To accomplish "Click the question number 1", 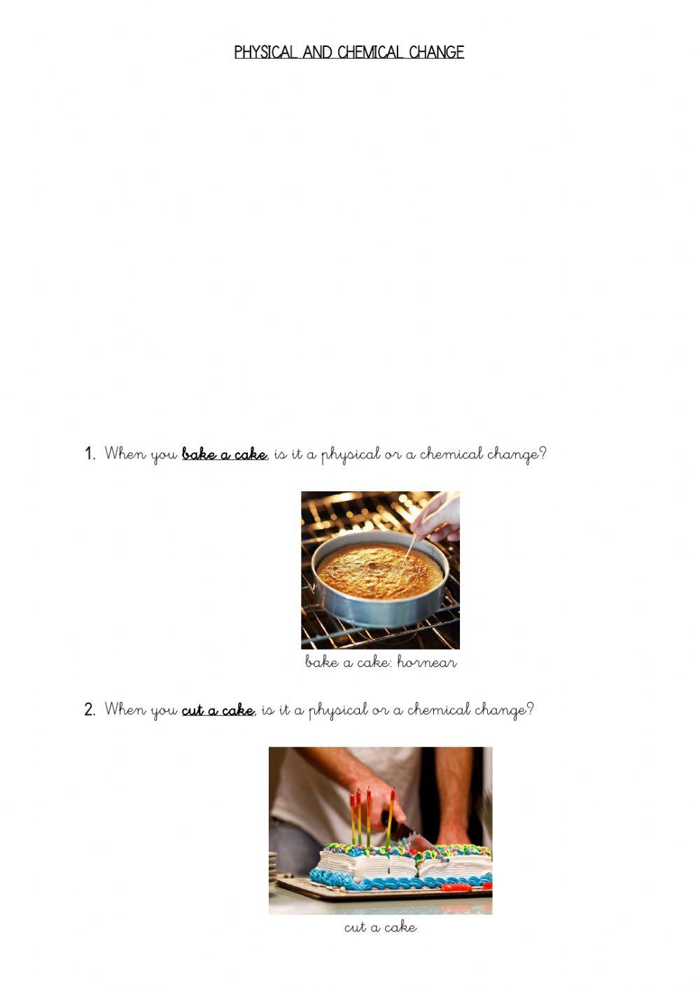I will [90, 454].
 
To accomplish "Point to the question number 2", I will [90, 710].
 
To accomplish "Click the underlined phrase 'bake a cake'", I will [224, 455].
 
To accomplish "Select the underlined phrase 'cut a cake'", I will [218, 710].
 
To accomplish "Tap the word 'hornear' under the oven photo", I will [426, 662].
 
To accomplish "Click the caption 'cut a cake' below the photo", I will [380, 927].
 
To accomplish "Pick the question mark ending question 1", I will [542, 454].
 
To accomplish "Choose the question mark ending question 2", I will [530, 710].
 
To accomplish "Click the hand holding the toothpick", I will [437, 518].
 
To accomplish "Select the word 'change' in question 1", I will [512, 455].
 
